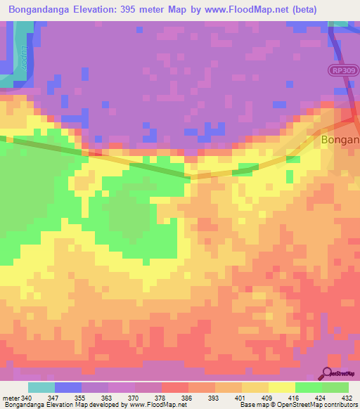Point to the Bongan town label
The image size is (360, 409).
click(340, 140)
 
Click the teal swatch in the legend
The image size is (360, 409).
click(41, 387)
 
